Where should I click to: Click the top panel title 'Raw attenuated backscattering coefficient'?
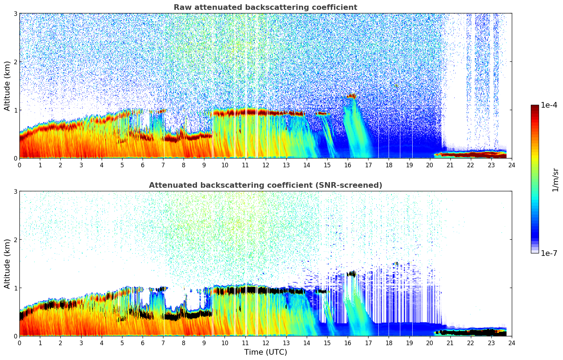coord(265,7)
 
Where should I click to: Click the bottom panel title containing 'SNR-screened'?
coord(265,185)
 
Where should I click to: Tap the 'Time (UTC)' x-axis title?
coord(265,352)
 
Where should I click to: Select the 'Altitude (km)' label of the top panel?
coord(7,86)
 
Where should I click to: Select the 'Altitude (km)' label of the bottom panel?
coord(7,264)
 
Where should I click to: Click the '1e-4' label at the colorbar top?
coord(549,105)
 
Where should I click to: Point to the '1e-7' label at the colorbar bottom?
coord(549,253)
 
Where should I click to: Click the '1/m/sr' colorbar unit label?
coord(555,180)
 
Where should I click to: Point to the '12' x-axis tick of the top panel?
coord(265,165)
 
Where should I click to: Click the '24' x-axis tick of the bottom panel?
coord(511,343)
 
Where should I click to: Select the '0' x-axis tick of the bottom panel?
coord(19,343)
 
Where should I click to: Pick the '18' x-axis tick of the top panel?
coord(389,165)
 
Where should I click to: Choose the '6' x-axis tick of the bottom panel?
coord(143,343)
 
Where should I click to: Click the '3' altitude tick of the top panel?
coord(15,13)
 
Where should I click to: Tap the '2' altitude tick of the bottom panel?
coord(15,240)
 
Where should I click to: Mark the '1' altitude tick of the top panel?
coord(15,110)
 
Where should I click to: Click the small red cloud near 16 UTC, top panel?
coord(352,96)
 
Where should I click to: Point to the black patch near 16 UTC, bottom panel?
coord(352,273)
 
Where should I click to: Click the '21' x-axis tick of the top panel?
coord(450,165)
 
